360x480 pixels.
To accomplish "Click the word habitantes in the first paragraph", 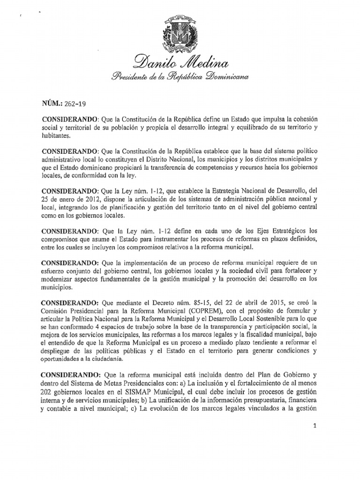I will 55,135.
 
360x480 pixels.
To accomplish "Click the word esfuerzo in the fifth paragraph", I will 54,268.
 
